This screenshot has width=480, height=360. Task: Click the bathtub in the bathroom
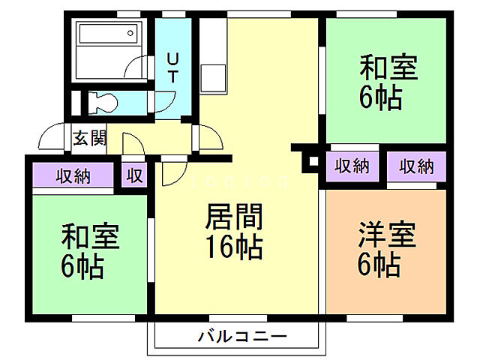(109, 35)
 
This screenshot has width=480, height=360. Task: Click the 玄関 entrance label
(88, 139)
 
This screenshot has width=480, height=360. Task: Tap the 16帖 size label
(235, 246)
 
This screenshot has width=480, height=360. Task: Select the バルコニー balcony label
(241, 337)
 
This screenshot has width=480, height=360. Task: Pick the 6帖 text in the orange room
(378, 264)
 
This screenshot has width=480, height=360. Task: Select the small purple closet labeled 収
(134, 176)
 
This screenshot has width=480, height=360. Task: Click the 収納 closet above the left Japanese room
(73, 176)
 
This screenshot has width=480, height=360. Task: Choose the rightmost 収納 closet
(416, 166)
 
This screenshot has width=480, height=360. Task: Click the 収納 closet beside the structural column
(351, 166)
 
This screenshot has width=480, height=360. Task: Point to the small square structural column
(310, 160)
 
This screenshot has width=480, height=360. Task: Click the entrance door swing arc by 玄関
(52, 136)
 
